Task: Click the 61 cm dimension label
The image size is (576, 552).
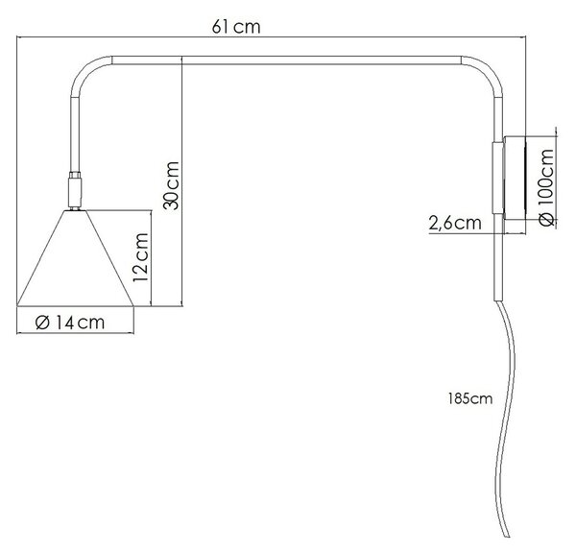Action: click(236, 27)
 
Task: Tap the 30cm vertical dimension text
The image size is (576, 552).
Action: click(171, 185)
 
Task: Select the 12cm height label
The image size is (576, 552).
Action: click(141, 257)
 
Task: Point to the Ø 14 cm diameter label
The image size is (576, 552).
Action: click(70, 323)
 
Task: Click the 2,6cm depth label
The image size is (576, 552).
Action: click(455, 223)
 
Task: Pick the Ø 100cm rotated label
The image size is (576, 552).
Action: click(547, 187)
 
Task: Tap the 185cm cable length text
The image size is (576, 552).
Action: click(470, 398)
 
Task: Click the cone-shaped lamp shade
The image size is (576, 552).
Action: click(75, 258)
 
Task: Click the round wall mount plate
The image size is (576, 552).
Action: click(515, 179)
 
